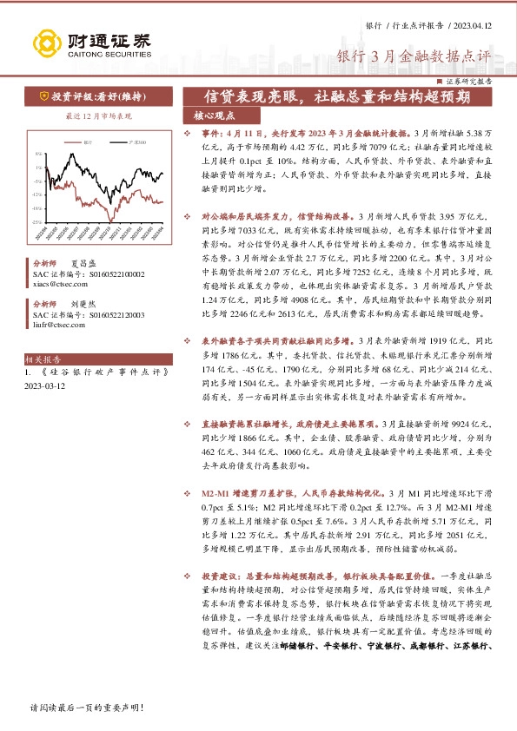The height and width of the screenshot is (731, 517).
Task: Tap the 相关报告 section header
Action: point(42,357)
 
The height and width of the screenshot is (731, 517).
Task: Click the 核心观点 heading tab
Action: point(215,115)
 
